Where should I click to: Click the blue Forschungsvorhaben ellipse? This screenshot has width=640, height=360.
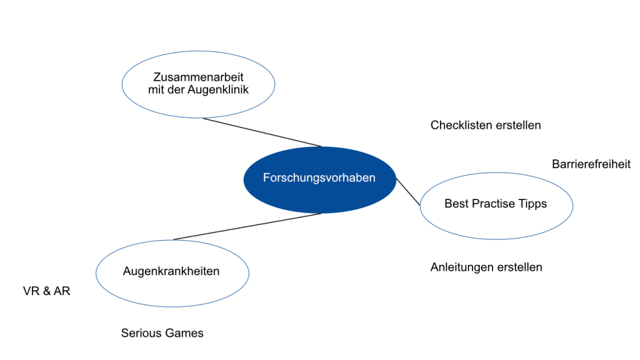319,179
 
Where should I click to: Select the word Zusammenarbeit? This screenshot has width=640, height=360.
198,77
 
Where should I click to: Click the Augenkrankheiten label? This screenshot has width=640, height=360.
171,271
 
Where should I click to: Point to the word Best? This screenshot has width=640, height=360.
456,204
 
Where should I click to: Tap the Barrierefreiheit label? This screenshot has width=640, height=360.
591,164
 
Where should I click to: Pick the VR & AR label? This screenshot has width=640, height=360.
46,291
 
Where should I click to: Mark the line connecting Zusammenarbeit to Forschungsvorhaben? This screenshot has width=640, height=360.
262,132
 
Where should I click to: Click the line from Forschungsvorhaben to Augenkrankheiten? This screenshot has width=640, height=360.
247,226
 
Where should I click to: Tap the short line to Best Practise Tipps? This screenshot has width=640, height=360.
408,192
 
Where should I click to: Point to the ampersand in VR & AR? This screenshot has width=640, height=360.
46,291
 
